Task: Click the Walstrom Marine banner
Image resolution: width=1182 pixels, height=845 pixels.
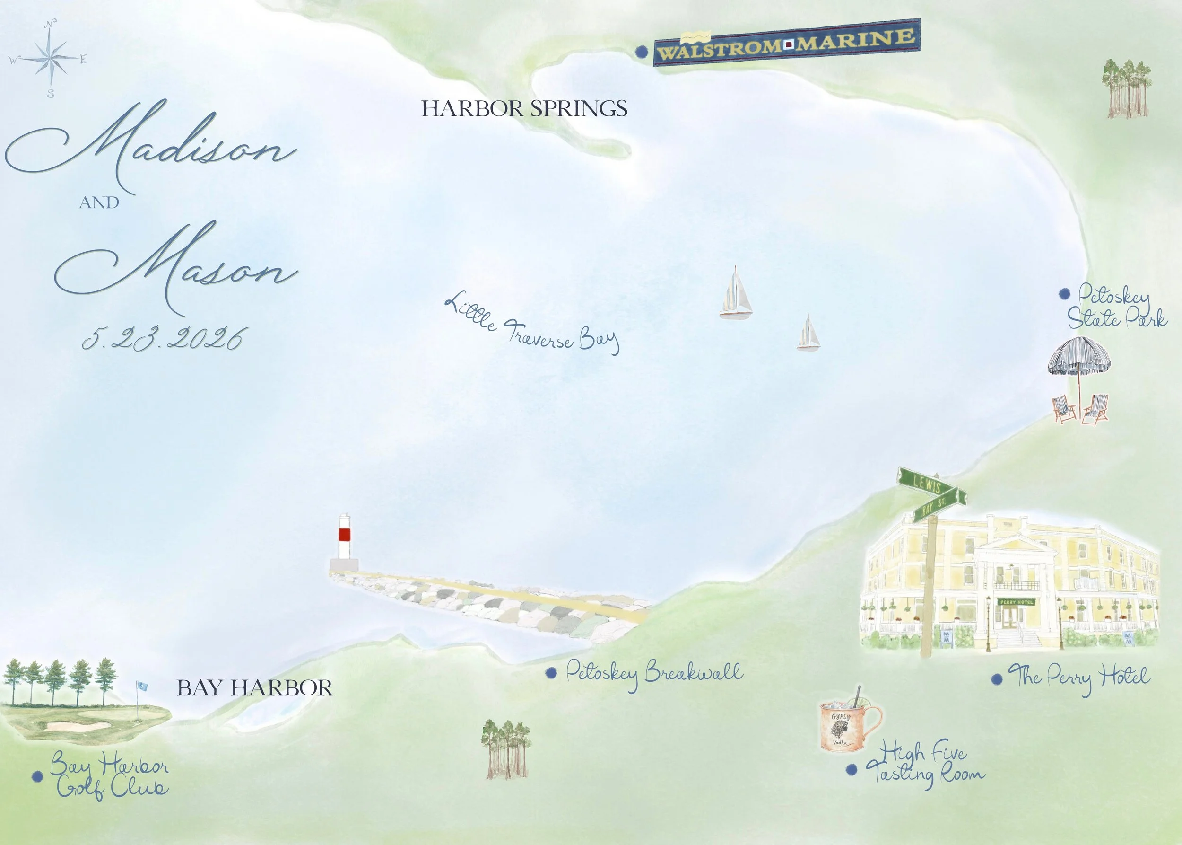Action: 786,43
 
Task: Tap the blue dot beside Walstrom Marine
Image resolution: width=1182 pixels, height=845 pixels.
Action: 642,52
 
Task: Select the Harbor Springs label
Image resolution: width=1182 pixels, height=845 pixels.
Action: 524,108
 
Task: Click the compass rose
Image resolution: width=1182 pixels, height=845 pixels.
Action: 50,58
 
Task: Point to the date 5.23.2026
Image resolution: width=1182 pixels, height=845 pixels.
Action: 163,339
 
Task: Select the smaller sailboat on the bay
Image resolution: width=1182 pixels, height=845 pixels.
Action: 808,334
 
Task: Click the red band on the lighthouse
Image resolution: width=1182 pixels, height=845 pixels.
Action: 344,534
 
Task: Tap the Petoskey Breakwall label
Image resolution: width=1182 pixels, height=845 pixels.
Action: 654,672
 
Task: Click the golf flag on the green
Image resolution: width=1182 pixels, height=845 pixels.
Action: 142,687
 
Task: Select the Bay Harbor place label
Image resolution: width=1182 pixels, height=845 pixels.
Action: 254,688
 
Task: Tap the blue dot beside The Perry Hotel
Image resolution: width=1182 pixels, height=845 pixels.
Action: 997,679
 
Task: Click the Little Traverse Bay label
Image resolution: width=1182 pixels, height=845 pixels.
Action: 532,324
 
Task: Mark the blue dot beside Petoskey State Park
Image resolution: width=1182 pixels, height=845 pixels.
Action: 1064,294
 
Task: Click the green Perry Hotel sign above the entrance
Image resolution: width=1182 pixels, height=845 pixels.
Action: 1017,602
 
